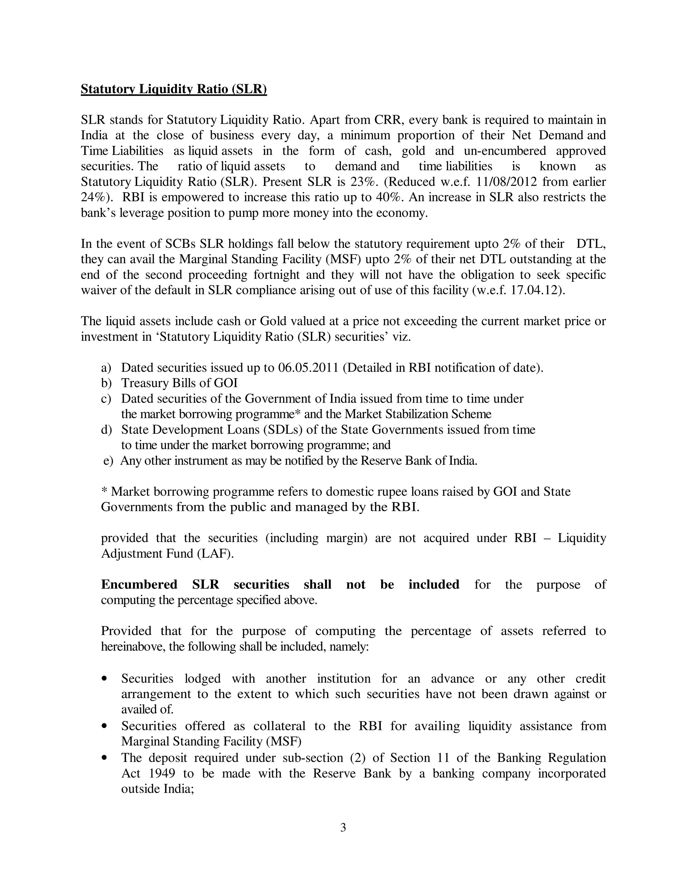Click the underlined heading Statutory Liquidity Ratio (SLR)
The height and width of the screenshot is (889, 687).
(174, 89)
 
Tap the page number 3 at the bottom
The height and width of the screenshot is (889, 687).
(343, 827)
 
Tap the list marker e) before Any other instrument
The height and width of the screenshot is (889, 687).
(108, 461)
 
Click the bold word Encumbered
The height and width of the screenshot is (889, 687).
(139, 584)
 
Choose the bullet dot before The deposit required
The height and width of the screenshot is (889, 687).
(105, 758)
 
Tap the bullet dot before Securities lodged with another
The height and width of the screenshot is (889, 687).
(105, 679)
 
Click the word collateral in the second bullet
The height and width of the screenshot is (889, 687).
(279, 726)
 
